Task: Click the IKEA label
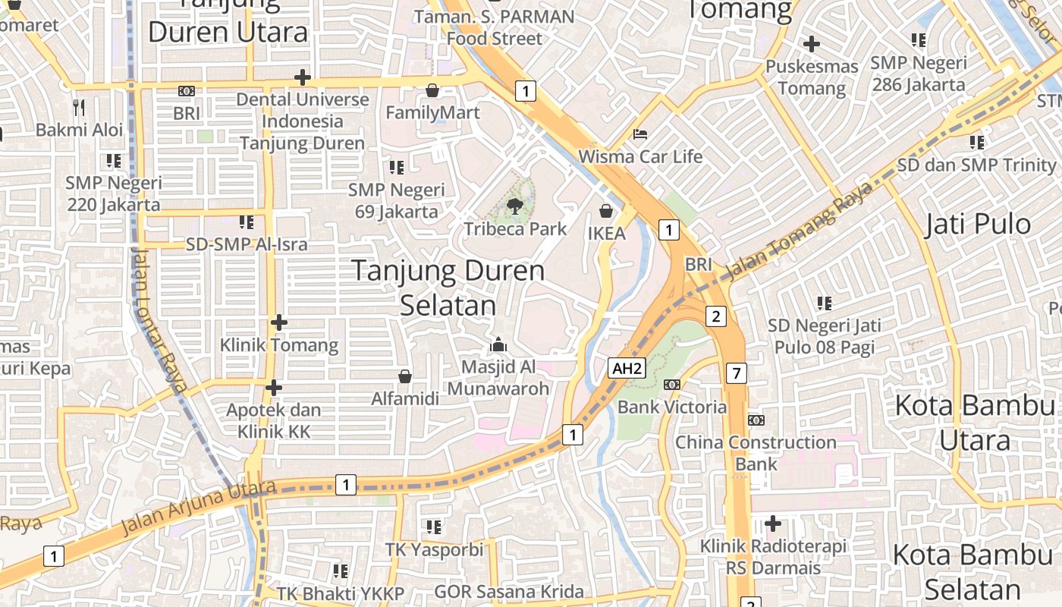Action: click(607, 234)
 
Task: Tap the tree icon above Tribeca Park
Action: click(515, 205)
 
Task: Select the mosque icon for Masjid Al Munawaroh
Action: click(498, 344)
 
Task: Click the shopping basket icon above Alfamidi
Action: click(405, 376)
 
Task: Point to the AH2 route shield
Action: click(627, 369)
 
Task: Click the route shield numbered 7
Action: click(736, 373)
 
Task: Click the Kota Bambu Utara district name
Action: click(974, 423)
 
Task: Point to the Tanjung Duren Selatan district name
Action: click(448, 288)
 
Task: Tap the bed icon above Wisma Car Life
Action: click(640, 134)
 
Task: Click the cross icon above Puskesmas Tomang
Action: click(812, 44)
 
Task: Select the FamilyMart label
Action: click(432, 113)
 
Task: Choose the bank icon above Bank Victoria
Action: click(671, 385)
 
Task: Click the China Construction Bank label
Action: click(756, 453)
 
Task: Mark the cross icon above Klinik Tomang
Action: click(278, 322)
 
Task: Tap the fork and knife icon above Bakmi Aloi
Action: click(79, 107)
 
